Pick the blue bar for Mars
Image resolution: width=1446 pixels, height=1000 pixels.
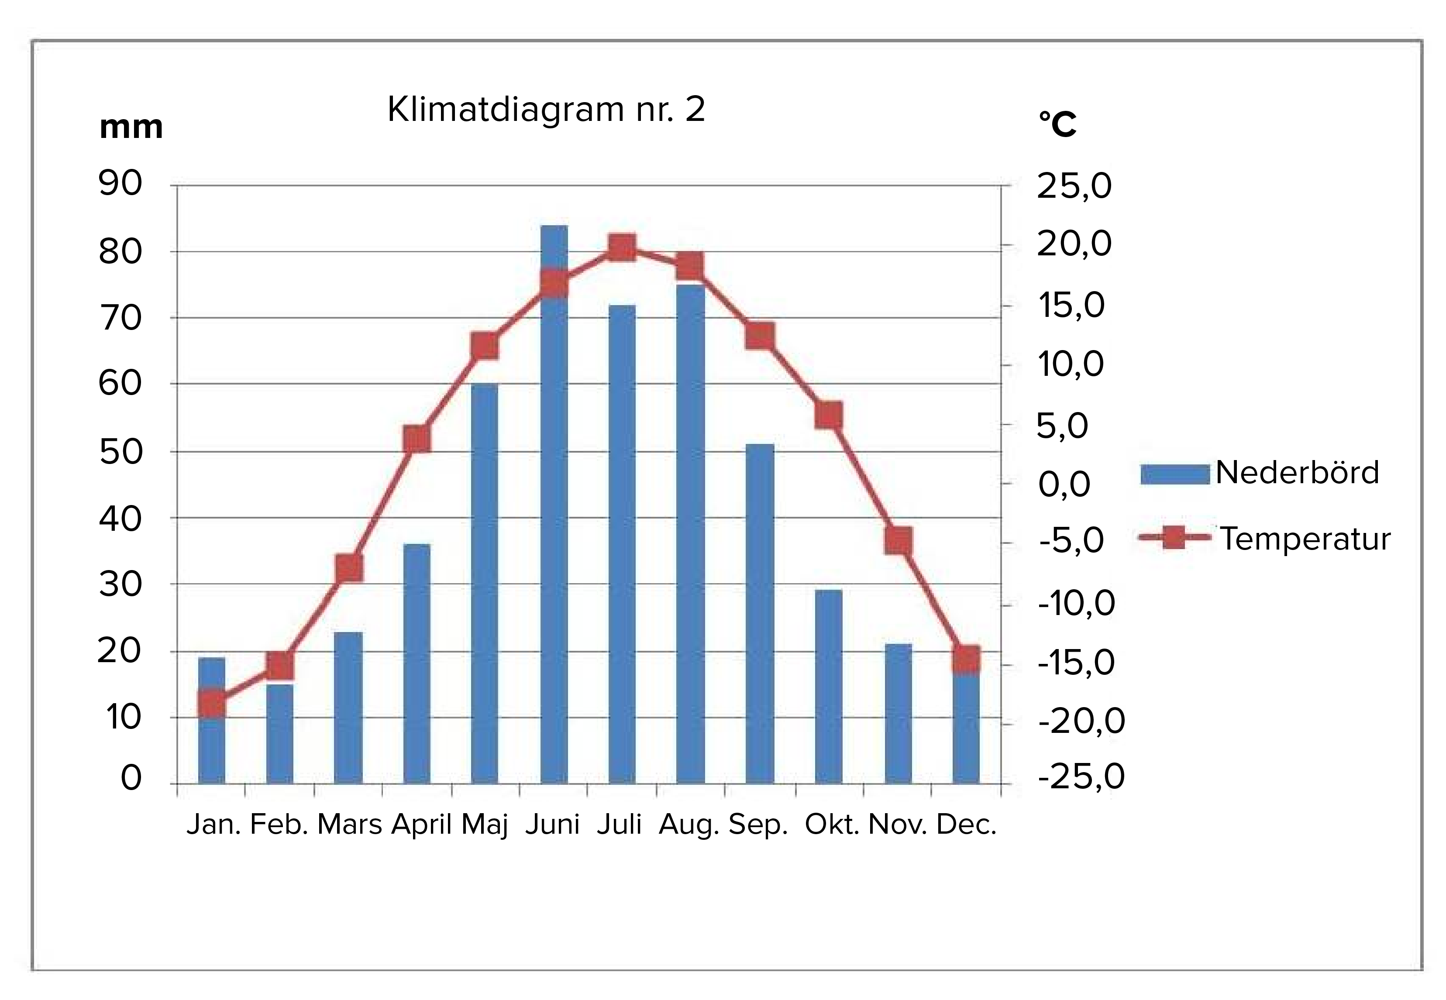pos(348,708)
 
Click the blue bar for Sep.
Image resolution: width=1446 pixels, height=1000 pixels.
pos(760,614)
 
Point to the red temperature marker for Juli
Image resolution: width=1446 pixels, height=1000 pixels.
pos(623,248)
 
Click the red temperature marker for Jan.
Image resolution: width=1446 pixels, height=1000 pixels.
pos(212,704)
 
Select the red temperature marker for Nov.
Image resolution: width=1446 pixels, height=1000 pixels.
pos(898,540)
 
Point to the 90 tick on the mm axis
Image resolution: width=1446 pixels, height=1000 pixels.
pos(120,184)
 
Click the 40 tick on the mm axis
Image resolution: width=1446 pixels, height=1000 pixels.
pos(120,519)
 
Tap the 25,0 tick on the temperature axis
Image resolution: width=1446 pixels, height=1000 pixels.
pos(1074,186)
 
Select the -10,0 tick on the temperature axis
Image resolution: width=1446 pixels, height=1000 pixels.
pos(1076,603)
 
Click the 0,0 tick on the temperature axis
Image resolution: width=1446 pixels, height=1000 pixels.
pos(1064,484)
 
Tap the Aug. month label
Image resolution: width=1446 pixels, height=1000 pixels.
pos(688,825)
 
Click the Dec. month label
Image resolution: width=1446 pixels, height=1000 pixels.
pos(965,825)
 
